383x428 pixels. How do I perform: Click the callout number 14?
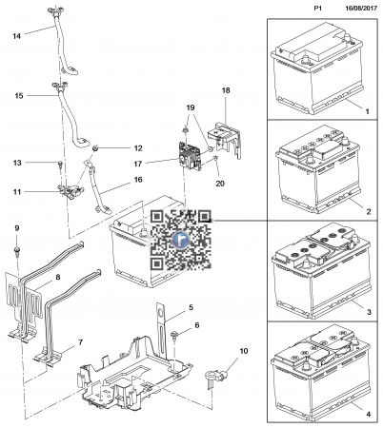(x=17, y=36)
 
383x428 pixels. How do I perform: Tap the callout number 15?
(x=19, y=96)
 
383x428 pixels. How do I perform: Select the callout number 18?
(x=226, y=90)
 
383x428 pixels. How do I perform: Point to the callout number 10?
(x=244, y=351)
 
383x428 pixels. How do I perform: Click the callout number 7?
(x=81, y=342)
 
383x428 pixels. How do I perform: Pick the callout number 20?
(x=220, y=184)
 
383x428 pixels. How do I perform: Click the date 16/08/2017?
(x=361, y=9)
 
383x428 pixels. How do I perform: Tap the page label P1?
(x=318, y=9)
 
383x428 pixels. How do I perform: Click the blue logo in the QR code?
(x=181, y=240)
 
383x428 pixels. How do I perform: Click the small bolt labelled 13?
(x=60, y=164)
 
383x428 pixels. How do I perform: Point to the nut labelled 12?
(x=94, y=148)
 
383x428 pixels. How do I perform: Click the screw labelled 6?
(x=174, y=335)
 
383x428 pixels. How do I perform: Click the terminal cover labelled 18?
(x=225, y=137)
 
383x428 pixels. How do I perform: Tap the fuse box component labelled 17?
(x=190, y=156)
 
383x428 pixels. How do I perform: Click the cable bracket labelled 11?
(x=71, y=191)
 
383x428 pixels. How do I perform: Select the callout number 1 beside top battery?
(x=368, y=111)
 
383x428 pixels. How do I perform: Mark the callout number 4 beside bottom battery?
(x=369, y=414)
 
